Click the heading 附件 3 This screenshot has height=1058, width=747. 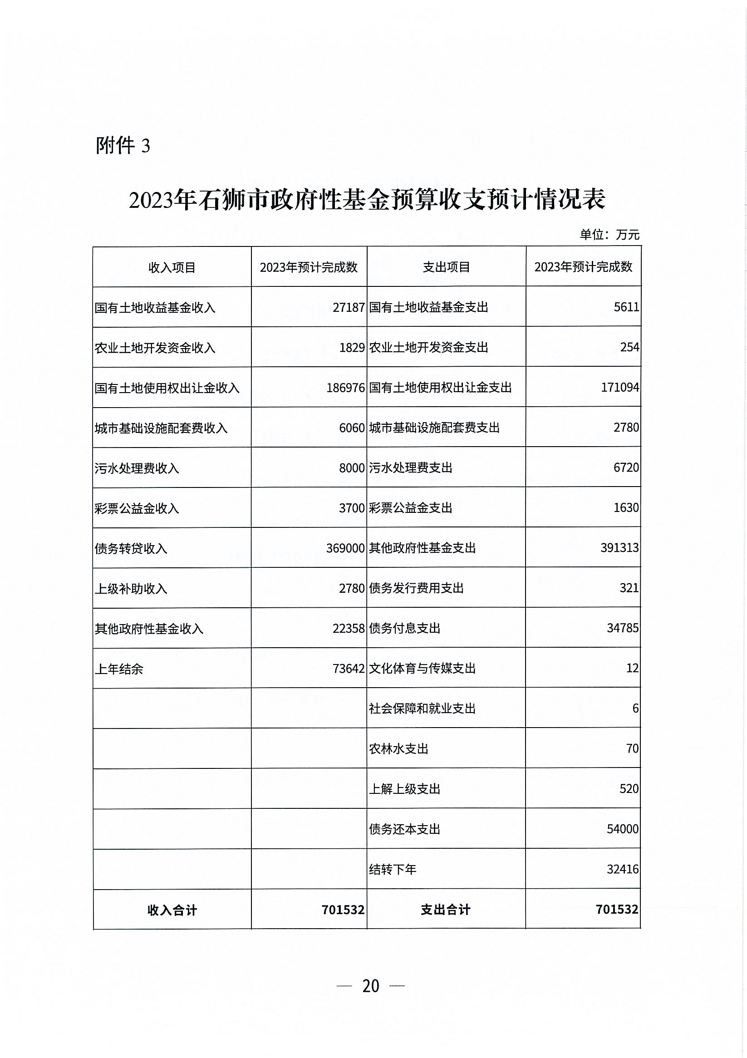point(123,146)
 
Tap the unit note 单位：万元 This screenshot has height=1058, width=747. point(609,235)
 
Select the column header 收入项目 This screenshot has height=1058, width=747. point(172,267)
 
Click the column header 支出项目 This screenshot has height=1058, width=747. point(446,267)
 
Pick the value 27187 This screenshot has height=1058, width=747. point(349,307)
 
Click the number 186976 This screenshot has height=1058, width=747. point(345,388)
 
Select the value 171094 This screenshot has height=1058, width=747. point(620,387)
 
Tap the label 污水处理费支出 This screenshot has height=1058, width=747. point(411,467)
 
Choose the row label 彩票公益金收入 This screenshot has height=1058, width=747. point(137,508)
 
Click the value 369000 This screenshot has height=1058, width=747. point(345,548)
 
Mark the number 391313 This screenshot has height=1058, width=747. point(620,547)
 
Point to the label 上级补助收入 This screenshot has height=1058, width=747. point(131,588)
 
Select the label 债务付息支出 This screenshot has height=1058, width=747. point(405,628)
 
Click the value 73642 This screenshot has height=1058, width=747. point(349,669)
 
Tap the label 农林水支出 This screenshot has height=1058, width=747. point(398,749)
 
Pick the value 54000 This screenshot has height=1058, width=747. point(623,829)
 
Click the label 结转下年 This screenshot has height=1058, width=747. point(393,870)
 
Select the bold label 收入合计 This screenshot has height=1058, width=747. point(172,910)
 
